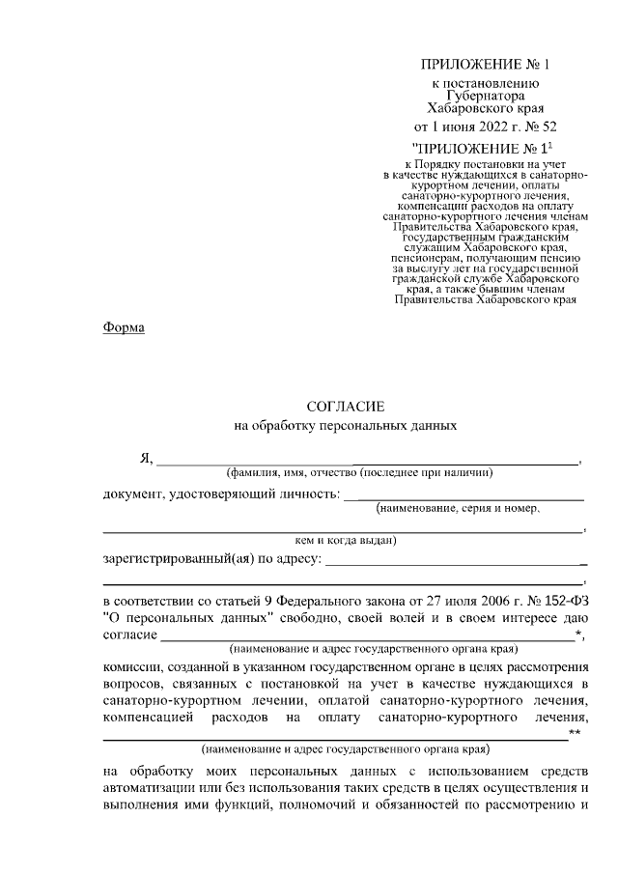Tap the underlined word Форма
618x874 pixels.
tap(124, 328)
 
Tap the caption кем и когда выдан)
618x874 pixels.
tap(345, 541)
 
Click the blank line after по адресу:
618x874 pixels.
tap(454, 561)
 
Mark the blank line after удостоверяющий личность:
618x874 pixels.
tap(463, 498)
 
